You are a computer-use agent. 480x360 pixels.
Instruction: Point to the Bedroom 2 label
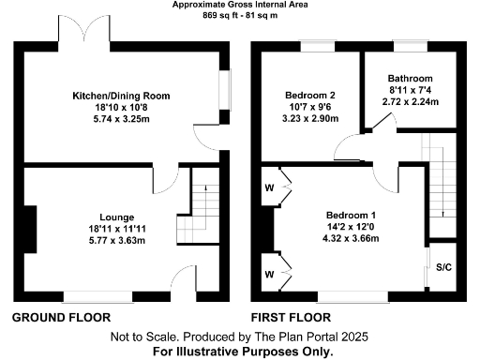[x=309, y=95]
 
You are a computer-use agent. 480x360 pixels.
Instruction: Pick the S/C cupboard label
[x=443, y=268]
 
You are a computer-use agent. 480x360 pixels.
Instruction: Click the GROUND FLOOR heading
[x=61, y=318]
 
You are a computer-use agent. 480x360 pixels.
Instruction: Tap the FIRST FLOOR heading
[x=291, y=318]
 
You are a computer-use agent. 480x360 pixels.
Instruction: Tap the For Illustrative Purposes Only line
[x=243, y=352]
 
